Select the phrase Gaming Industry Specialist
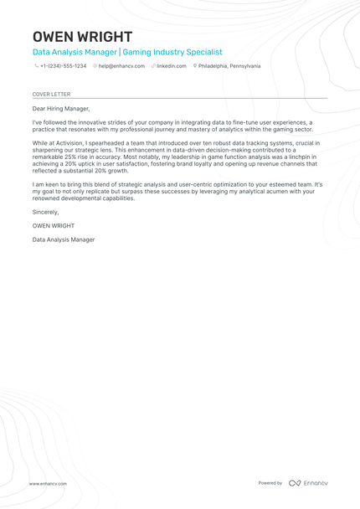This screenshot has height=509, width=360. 172,52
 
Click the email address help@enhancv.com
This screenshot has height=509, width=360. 121,66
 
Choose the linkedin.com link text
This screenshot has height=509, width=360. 172,66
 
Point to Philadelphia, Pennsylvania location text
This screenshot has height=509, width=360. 229,66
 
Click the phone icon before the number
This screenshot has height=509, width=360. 36,66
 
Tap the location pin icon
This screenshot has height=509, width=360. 194,66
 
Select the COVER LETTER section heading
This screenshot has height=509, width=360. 51,95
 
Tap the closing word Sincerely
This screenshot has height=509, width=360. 45,212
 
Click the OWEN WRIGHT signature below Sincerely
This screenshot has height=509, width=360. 53,226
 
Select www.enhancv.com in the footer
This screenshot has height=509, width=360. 48,483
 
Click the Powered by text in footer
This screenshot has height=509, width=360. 270,483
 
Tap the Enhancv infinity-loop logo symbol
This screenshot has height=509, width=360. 294,483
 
